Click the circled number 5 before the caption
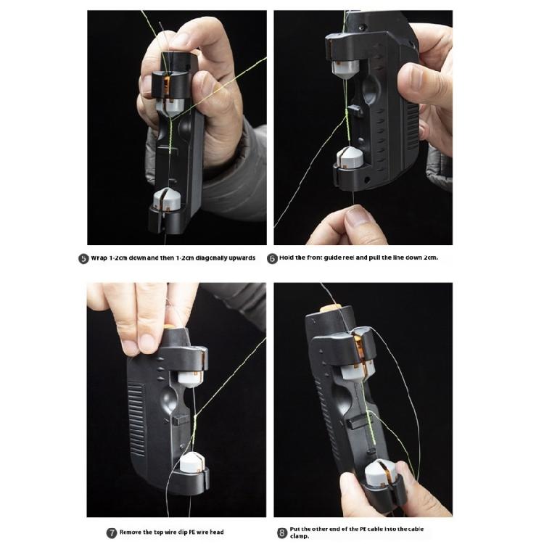83,258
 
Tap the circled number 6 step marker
273,258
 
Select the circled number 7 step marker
112,532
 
